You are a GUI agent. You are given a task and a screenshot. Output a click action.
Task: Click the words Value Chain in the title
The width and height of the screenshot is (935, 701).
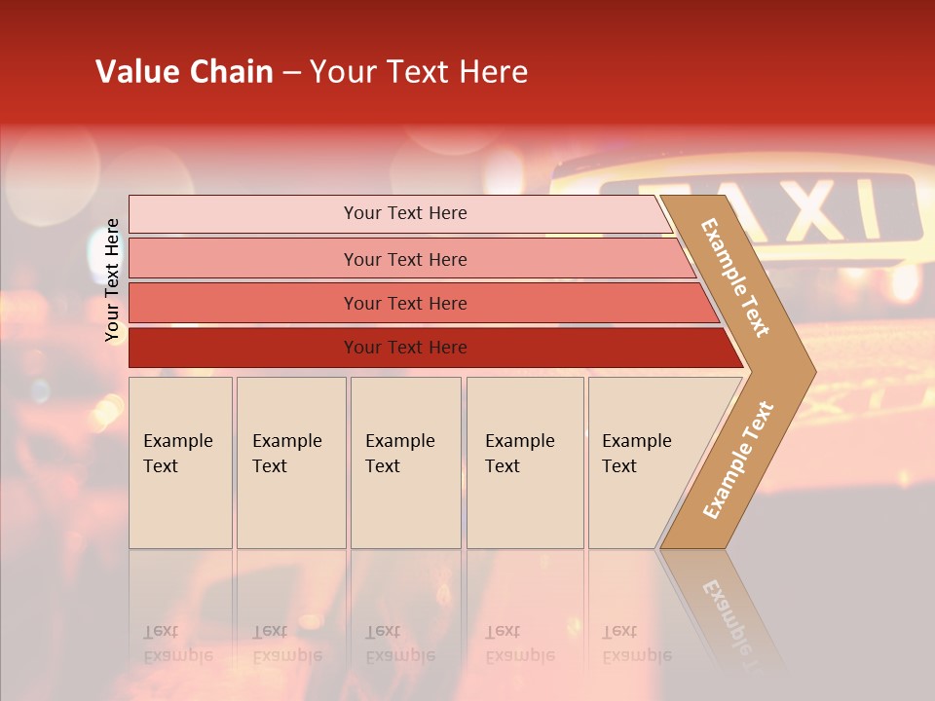pyautogui.click(x=184, y=72)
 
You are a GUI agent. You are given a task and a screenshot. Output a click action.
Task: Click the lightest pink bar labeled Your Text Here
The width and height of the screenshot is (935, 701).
pyautogui.click(x=404, y=213)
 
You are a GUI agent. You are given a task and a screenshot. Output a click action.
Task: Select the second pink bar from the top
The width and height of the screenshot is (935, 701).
pyautogui.click(x=404, y=259)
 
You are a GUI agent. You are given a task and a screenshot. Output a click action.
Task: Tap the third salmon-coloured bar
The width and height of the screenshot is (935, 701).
pyautogui.click(x=404, y=304)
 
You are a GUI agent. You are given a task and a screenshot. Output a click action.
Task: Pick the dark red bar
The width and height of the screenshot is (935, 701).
pyautogui.click(x=404, y=348)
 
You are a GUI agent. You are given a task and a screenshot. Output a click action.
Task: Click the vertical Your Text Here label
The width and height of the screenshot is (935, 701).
pyautogui.click(x=112, y=279)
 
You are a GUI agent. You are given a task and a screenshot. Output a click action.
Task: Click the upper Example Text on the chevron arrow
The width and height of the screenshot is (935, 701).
pyautogui.click(x=735, y=277)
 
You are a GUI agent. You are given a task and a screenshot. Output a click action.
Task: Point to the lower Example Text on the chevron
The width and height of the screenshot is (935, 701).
pyautogui.click(x=738, y=460)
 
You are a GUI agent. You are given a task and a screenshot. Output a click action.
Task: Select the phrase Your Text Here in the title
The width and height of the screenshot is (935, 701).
pyautogui.click(x=419, y=72)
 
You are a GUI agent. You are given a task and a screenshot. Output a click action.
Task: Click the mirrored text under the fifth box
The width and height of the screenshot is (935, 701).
pyautogui.click(x=636, y=644)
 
